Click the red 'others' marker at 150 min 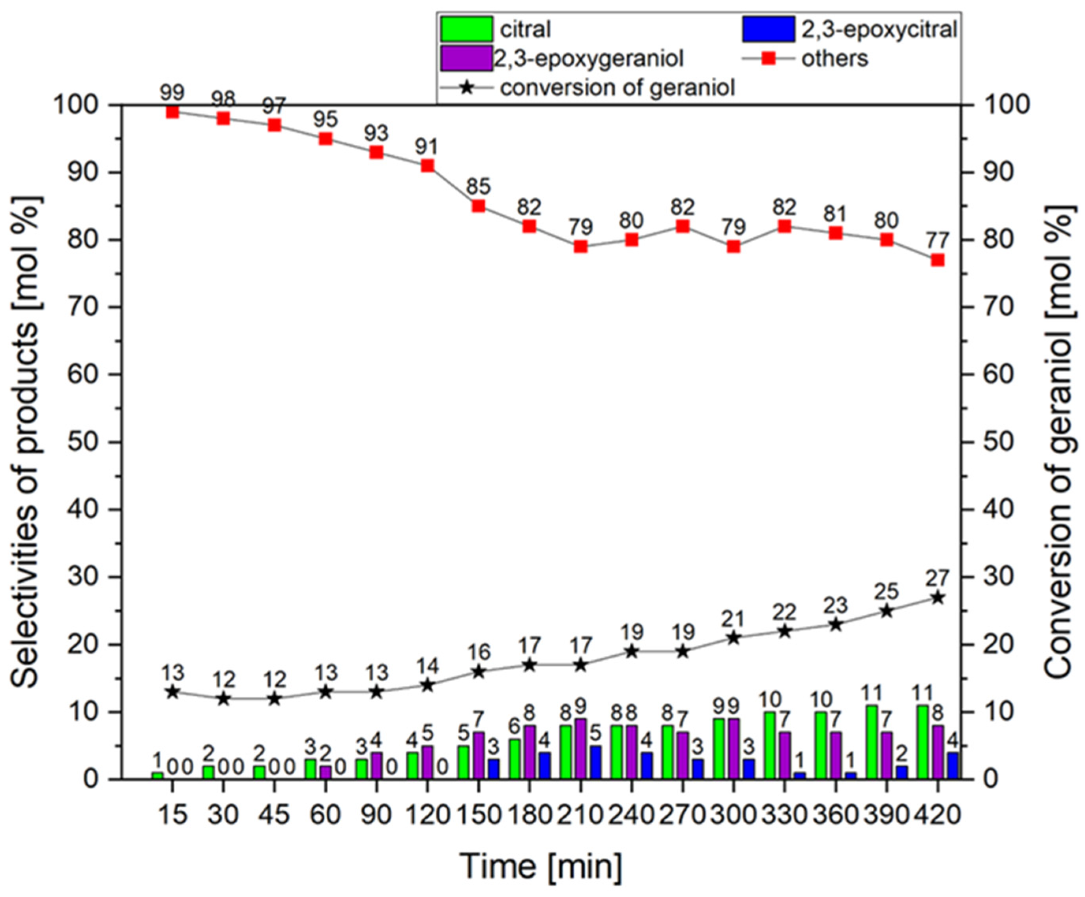point(479,206)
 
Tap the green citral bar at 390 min point(872,742)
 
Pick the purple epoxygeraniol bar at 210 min point(581,749)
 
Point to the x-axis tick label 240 point(631,815)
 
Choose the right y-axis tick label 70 point(999,307)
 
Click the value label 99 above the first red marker point(172,93)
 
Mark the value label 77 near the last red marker point(937,241)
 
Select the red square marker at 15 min point(172,112)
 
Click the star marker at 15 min point(172,692)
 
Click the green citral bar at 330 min point(770,745)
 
